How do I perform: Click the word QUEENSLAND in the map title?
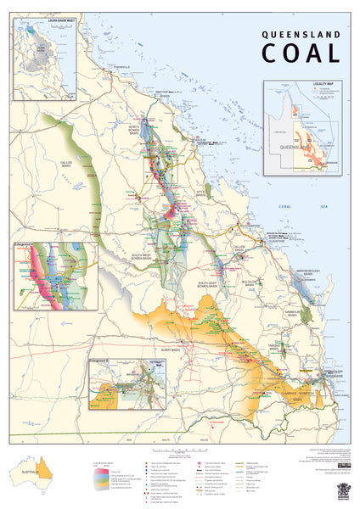pyautogui.click(x=301, y=36)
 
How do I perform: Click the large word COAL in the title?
pyautogui.click(x=301, y=53)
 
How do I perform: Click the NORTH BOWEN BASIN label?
pyautogui.click(x=138, y=130)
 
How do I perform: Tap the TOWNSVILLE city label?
pyautogui.click(x=121, y=67)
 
